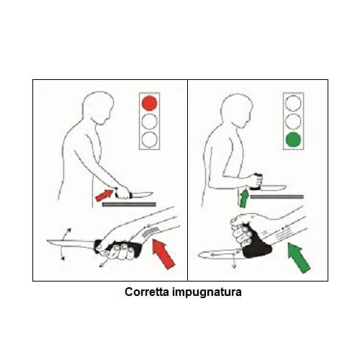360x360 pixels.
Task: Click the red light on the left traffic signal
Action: [149, 103]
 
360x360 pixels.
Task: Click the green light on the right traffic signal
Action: [292, 138]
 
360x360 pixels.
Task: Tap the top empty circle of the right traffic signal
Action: [292, 103]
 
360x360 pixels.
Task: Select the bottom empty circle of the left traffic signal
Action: [149, 138]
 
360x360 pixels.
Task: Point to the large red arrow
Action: [164, 254]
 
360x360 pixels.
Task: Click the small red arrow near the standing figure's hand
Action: [104, 194]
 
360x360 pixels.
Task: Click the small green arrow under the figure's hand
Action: [243, 196]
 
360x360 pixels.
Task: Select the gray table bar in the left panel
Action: [129, 204]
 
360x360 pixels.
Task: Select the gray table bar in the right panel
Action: [277, 196]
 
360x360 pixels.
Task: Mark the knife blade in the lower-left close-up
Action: [72, 245]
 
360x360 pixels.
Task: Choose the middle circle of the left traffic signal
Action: [149, 120]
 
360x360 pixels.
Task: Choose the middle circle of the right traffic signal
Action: [292, 120]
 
